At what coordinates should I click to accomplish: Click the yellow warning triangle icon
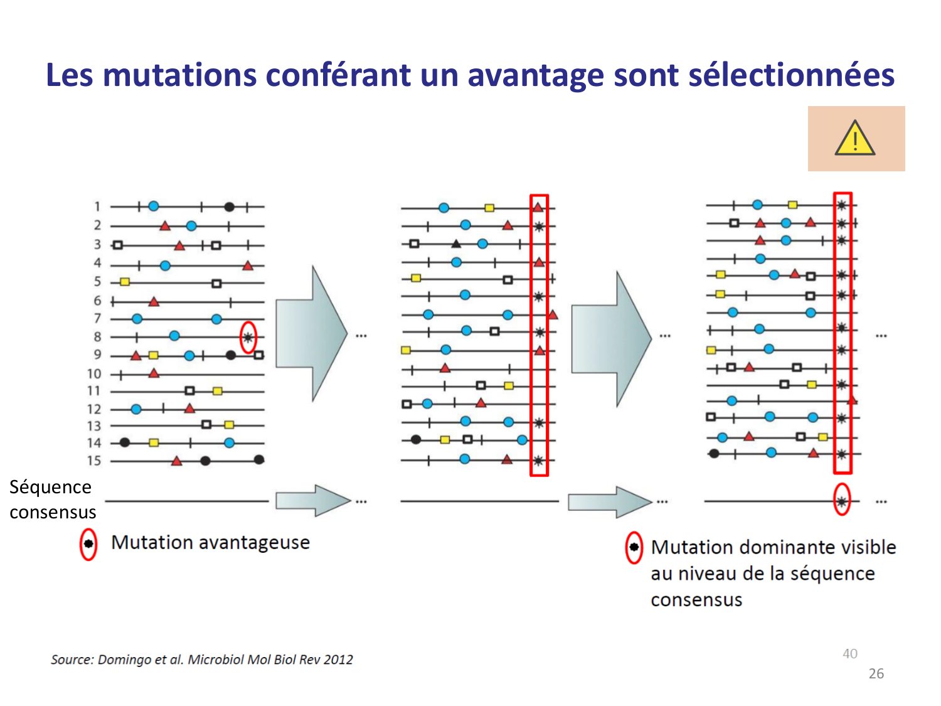pyautogui.click(x=855, y=139)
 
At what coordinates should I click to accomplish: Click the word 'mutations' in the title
pyautogui.click(x=179, y=75)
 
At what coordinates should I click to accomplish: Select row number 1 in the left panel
pyautogui.click(x=97, y=206)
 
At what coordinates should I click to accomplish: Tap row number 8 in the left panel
pyautogui.click(x=97, y=337)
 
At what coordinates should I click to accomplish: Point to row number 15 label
pyautogui.click(x=94, y=461)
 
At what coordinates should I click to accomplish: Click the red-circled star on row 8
pyautogui.click(x=248, y=337)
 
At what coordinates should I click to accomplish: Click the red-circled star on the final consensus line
pyautogui.click(x=842, y=501)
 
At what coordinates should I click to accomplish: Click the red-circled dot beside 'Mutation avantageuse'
pyautogui.click(x=88, y=543)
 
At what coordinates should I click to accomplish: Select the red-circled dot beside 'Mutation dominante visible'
pyautogui.click(x=634, y=548)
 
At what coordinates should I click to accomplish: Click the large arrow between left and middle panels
pyautogui.click(x=311, y=334)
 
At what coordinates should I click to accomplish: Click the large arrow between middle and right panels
pyautogui.click(x=612, y=339)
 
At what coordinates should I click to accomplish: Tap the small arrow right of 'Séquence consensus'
pyautogui.click(x=312, y=500)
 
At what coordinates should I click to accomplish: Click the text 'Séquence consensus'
pyautogui.click(x=52, y=500)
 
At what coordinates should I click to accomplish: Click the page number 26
pyautogui.click(x=876, y=674)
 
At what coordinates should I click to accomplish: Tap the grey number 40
pyautogui.click(x=850, y=654)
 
